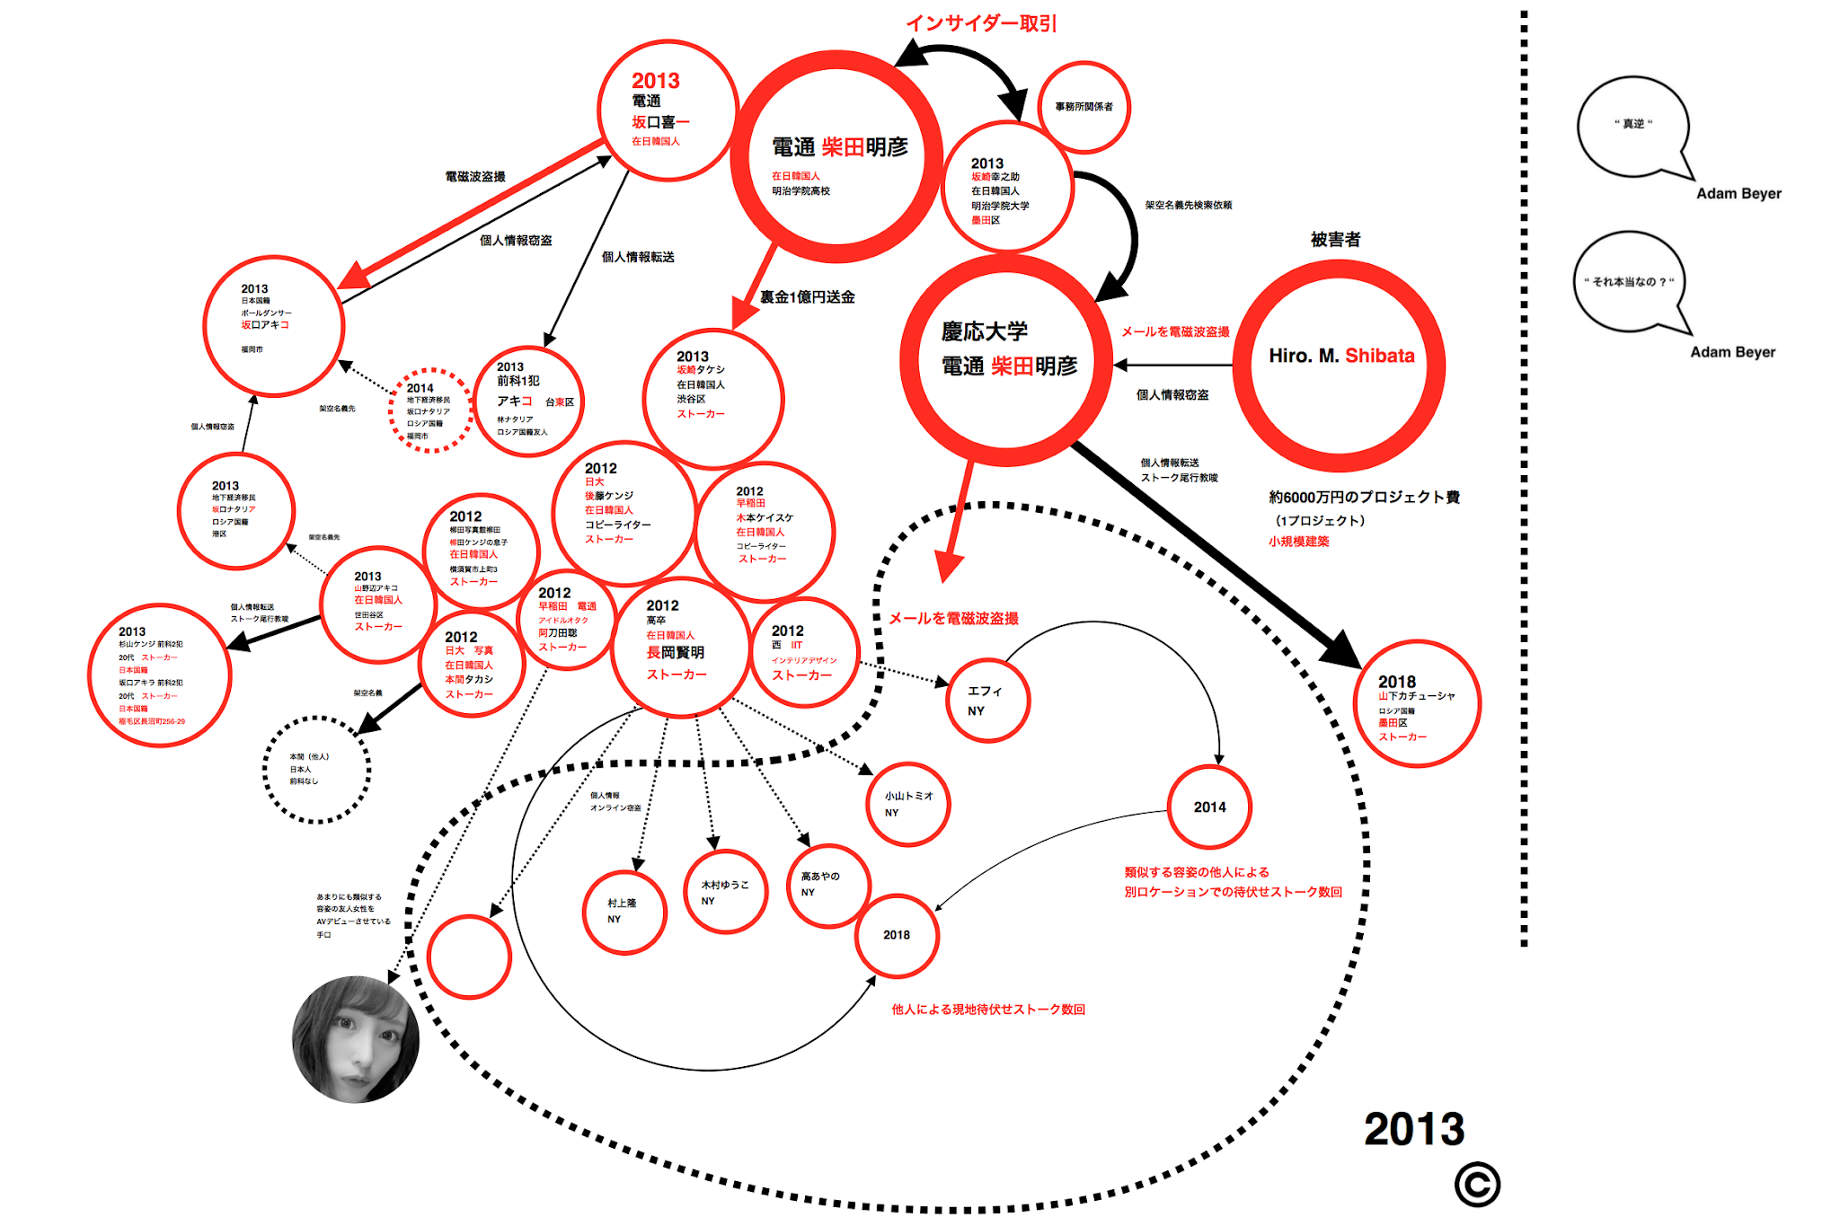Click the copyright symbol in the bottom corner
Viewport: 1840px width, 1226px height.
[x=1477, y=1185]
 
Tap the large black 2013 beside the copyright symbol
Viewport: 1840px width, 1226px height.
[x=1414, y=1129]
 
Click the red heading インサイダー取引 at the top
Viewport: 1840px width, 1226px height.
[x=981, y=23]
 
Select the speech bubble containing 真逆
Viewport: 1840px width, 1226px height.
[x=1633, y=126]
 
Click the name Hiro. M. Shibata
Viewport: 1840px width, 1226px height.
[x=1341, y=356]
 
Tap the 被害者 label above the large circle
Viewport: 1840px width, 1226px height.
[x=1335, y=240]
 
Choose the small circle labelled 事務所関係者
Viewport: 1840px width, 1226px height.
[x=1084, y=107]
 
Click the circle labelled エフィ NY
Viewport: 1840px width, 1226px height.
[x=987, y=701]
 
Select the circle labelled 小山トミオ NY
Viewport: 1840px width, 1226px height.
[x=908, y=804]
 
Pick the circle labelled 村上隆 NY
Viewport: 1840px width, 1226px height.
[x=624, y=912]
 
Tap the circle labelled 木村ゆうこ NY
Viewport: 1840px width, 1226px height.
[x=725, y=892]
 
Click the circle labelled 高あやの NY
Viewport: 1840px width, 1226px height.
[x=827, y=885]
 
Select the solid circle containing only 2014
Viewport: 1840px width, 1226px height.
[x=1209, y=807]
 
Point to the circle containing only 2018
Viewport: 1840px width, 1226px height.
[x=897, y=935]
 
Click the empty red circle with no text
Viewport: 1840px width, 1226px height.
[x=469, y=957]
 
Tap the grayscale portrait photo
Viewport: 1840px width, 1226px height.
[x=356, y=1039]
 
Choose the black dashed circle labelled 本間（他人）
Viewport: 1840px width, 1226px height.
[x=316, y=770]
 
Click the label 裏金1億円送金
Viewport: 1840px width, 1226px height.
[x=807, y=297]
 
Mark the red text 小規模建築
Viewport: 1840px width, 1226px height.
[x=1298, y=542]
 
